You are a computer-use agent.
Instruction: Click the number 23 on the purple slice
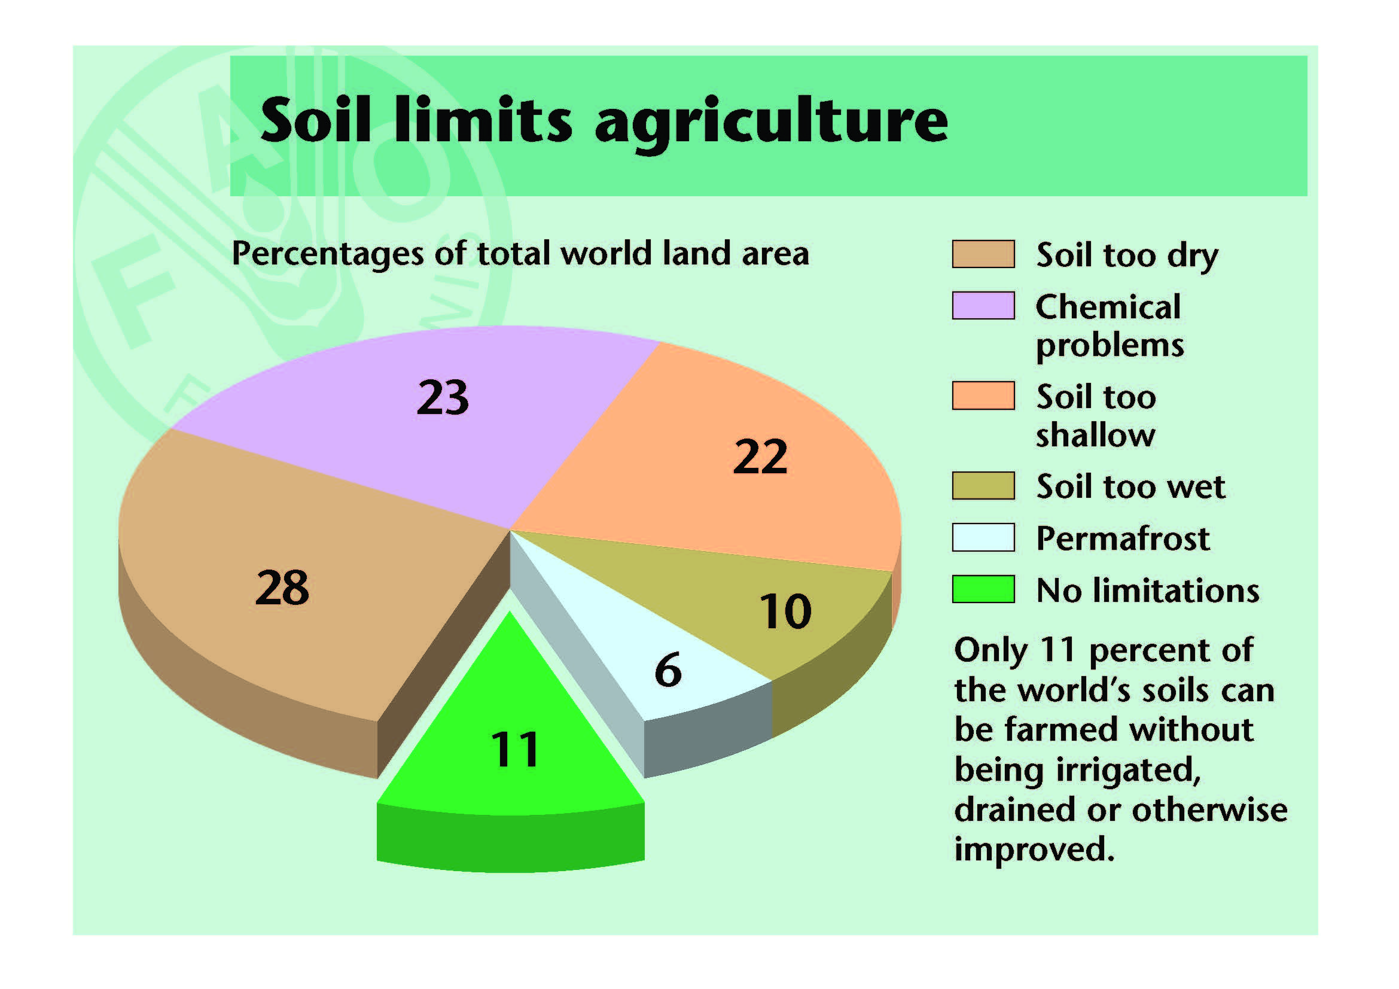[x=443, y=397]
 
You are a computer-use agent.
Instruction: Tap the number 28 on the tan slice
[x=282, y=588]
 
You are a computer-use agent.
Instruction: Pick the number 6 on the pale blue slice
[x=668, y=670]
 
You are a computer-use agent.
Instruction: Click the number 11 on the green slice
[x=515, y=749]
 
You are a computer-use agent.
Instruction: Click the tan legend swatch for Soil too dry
[x=983, y=254]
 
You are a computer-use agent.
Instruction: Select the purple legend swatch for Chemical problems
[x=983, y=305]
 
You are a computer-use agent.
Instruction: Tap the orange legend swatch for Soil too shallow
[x=983, y=395]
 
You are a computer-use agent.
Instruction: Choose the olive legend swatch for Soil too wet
[x=983, y=486]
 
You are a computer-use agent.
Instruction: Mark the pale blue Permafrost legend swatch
[x=983, y=537]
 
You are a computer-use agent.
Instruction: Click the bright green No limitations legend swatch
[x=983, y=589]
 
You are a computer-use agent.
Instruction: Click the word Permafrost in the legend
[x=1122, y=538]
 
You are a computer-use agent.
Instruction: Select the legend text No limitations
[x=1147, y=590]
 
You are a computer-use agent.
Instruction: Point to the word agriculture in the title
[x=772, y=123]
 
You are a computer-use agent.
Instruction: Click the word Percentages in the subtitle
[x=327, y=255]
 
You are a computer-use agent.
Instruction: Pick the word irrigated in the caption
[x=1128, y=771]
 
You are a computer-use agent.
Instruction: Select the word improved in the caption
[x=1034, y=850]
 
